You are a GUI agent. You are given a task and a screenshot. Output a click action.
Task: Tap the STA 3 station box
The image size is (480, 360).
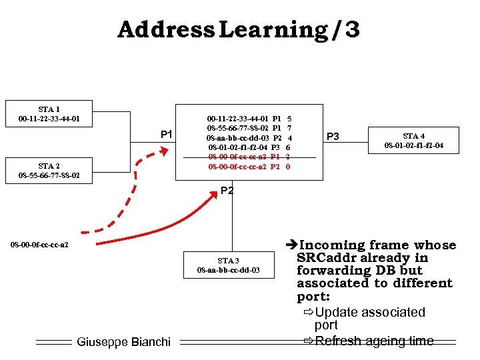coord(228,265)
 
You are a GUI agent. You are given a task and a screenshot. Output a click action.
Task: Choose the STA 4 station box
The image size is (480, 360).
coord(413,141)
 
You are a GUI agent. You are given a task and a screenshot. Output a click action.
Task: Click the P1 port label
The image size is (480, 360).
coord(167,135)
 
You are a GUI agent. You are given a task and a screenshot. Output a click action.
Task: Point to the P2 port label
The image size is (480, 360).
coord(227,191)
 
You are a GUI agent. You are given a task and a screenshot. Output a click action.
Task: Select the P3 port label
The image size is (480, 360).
coord(333,137)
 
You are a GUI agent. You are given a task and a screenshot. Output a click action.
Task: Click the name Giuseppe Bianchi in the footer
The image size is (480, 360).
coord(124,342)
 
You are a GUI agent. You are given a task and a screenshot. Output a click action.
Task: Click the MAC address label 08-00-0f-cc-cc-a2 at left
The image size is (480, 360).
coord(40,245)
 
